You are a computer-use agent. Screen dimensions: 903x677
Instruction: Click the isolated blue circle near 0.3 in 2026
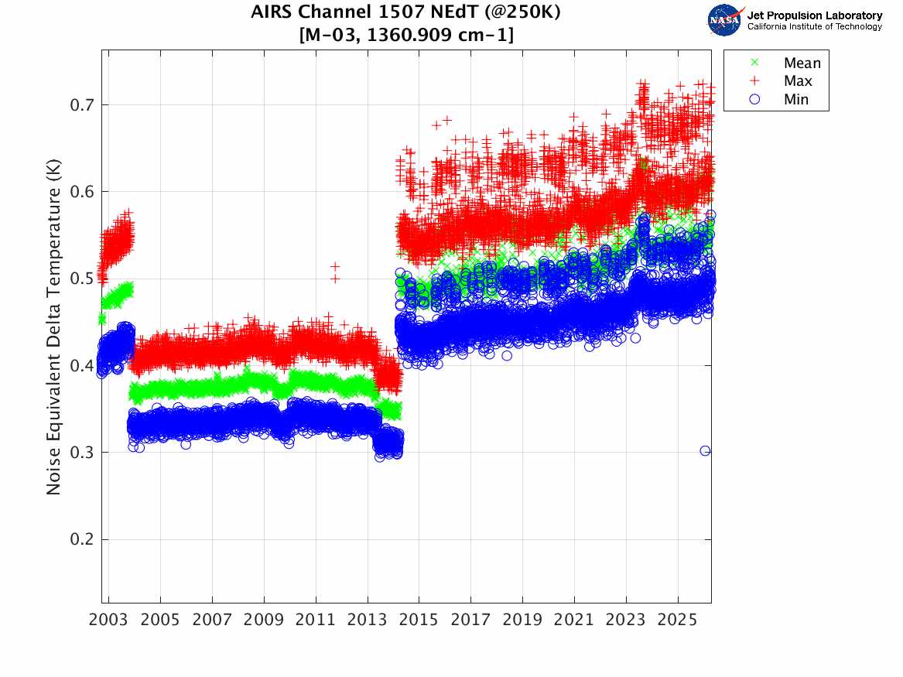705,451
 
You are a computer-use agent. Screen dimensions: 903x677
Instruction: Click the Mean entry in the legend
802,63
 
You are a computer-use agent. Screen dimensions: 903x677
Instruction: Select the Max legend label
798,81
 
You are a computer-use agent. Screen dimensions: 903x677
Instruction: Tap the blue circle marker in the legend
754,99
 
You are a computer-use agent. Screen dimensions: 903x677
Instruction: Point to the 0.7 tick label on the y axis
82,104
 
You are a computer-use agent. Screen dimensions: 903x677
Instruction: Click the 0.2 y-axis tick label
82,539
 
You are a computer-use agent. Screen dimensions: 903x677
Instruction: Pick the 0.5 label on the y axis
82,279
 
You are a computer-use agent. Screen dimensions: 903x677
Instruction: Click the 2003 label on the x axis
108,620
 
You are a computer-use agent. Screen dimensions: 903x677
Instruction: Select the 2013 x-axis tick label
368,620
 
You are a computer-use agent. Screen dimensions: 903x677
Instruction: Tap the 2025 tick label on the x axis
678,620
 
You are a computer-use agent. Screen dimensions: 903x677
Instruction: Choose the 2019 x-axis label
522,620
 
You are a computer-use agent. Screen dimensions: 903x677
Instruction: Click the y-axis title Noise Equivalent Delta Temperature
53,327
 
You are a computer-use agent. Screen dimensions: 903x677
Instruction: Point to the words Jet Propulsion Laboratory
815,15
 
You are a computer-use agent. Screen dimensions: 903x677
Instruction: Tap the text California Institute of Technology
815,26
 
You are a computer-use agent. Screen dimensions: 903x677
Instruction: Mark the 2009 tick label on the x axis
264,620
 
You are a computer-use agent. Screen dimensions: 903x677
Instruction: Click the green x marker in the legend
754,62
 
